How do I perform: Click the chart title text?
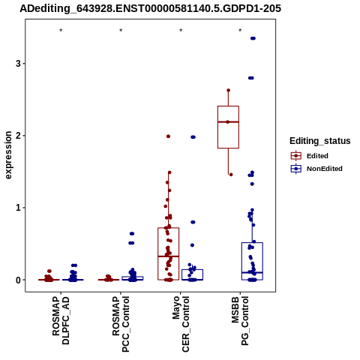point(150,8)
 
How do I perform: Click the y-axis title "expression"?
point(8,155)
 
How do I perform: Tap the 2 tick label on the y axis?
point(18,136)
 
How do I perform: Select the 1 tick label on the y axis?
point(18,208)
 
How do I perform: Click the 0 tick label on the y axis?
point(18,280)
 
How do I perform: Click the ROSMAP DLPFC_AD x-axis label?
point(61,320)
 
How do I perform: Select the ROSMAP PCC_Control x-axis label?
point(121,324)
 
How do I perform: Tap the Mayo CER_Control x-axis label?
point(181,324)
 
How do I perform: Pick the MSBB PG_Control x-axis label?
point(240,321)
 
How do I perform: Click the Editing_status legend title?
point(320,141)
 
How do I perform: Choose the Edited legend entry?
point(309,156)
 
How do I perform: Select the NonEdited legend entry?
point(316,169)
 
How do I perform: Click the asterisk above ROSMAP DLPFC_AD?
point(61,31)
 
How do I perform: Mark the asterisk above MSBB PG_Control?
point(240,31)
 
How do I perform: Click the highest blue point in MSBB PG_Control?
point(253,38)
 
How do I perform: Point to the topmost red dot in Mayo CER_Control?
point(168,136)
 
